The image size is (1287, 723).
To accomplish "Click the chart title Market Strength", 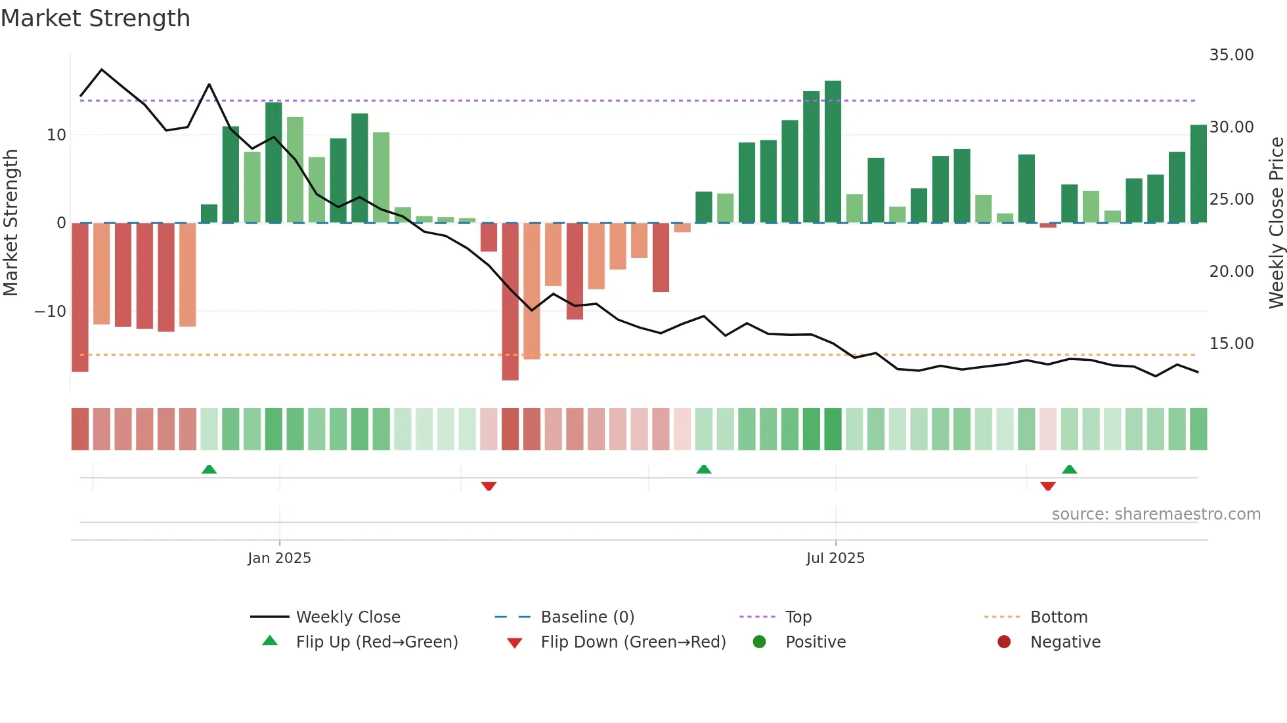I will [x=95, y=18].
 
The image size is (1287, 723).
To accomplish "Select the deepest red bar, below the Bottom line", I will [x=510, y=302].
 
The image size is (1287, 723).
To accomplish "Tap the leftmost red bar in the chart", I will [x=80, y=297].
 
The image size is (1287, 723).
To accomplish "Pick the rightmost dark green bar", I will [x=1198, y=174].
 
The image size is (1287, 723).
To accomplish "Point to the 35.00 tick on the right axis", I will [x=1231, y=55].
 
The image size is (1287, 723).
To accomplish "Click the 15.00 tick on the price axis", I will [x=1231, y=344].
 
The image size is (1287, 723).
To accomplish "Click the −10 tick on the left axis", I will [x=51, y=312].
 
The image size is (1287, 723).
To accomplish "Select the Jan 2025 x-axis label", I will [x=279, y=558].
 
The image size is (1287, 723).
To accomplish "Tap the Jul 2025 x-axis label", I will [x=835, y=558].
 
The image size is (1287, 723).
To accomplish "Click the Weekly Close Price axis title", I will [x=1276, y=223].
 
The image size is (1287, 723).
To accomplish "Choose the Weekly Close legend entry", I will [x=347, y=617].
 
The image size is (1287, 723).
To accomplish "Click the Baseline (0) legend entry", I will [x=587, y=617].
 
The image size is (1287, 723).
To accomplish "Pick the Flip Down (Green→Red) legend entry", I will [x=633, y=642].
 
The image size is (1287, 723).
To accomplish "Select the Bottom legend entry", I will [x=1058, y=617].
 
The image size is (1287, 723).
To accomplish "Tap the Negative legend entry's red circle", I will [x=1004, y=642].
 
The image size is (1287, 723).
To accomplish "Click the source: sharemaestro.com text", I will [x=1156, y=514].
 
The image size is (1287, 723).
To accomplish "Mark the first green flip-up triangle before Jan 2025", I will [x=209, y=469].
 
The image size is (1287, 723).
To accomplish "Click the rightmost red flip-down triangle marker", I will [x=1048, y=486].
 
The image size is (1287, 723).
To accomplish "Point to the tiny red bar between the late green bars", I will [x=1048, y=226].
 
